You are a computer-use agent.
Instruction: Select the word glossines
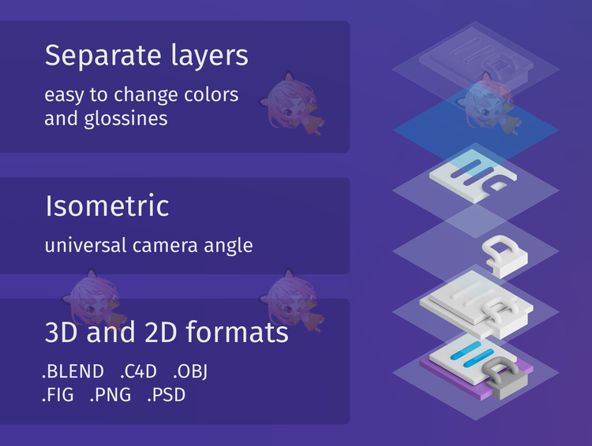[x=126, y=120]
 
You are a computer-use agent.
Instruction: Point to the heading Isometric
[x=107, y=206]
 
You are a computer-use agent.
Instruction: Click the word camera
[x=165, y=246]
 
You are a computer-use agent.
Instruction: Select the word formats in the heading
[x=237, y=333]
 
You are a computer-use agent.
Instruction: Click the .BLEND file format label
[x=73, y=371]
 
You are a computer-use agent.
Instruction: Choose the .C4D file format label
[x=138, y=371]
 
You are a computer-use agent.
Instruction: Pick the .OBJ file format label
[x=190, y=372]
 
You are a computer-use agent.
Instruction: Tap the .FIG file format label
[x=58, y=395]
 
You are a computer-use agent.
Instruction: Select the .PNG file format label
[x=111, y=395]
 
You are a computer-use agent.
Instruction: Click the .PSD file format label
[x=166, y=395]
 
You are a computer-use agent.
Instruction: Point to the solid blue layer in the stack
[x=476, y=130]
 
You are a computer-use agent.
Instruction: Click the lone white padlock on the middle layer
[x=505, y=255]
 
